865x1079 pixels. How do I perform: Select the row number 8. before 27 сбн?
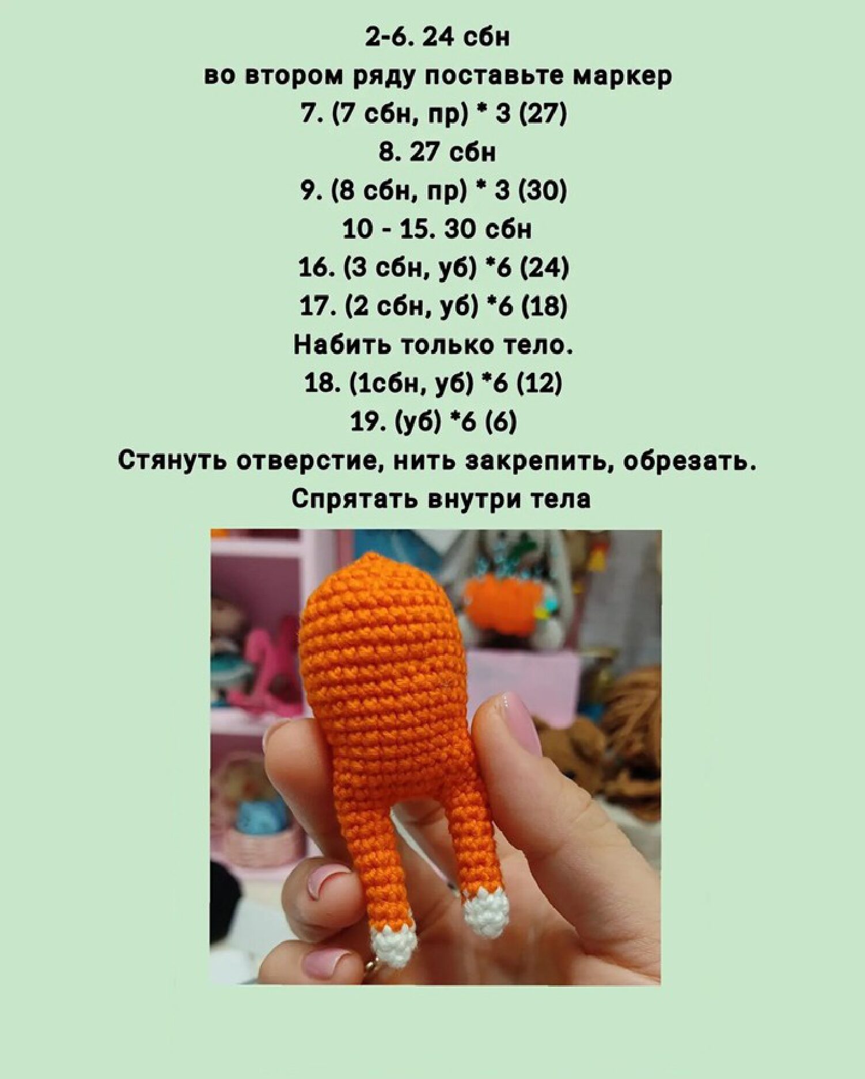(x=389, y=152)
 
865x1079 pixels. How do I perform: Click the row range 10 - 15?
(x=380, y=229)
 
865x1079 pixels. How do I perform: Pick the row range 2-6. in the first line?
(x=389, y=37)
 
